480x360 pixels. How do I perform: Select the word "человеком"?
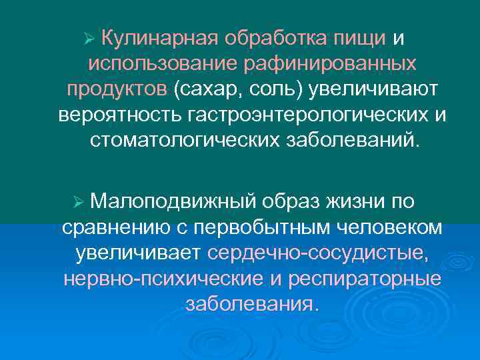click(386, 227)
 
